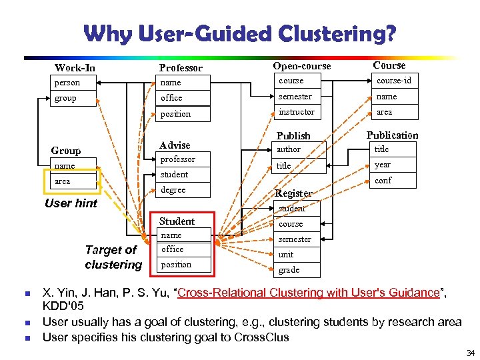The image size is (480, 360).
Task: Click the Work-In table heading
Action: tap(75, 67)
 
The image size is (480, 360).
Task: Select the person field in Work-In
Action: tap(67, 83)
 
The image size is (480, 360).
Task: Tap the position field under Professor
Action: tap(175, 114)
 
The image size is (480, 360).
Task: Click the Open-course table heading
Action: tap(301, 66)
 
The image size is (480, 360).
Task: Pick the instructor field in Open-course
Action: tap(296, 112)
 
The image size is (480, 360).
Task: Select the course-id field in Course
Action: tap(394, 81)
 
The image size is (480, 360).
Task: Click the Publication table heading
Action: tap(392, 135)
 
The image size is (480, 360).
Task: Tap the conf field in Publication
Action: tap(383, 181)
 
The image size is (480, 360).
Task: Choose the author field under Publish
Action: tap(289, 149)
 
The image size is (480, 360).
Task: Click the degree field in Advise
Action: tap(173, 190)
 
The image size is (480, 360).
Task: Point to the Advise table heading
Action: tap(175, 145)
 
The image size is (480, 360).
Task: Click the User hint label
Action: tap(71, 203)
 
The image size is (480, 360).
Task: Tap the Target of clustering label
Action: tap(113, 257)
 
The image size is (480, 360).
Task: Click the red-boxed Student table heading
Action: tap(177, 221)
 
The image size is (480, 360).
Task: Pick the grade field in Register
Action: tap(289, 270)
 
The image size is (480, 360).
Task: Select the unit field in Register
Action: tap(285, 255)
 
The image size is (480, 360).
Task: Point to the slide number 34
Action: tap(470, 353)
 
